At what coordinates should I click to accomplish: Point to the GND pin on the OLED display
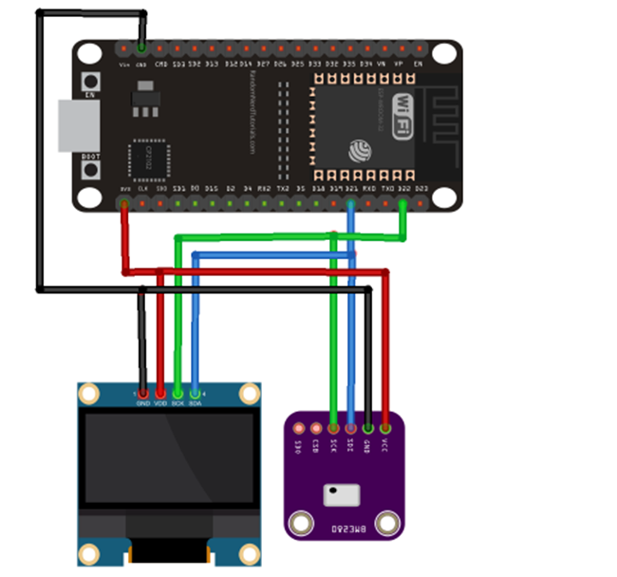142,392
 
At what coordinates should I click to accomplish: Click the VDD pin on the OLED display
159,392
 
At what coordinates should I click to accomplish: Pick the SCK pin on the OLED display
178,392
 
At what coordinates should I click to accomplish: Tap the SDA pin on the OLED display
195,392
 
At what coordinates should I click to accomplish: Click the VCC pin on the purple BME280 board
385,429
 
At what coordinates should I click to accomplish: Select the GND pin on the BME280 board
368,429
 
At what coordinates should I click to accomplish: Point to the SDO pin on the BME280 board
299,429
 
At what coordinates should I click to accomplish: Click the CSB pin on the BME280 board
316,429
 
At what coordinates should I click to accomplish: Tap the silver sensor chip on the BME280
341,494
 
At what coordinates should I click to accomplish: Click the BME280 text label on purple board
343,525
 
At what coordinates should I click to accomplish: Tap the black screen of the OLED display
169,457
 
